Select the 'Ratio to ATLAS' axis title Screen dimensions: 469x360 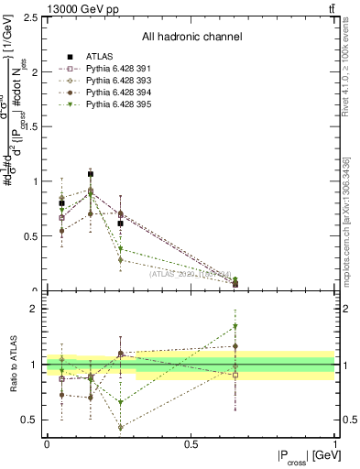(x=13, y=365)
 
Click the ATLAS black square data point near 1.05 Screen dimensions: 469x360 (x=91, y=174)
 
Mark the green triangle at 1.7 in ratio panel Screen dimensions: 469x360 (x=235, y=326)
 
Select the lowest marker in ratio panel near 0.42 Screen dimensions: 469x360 (x=120, y=427)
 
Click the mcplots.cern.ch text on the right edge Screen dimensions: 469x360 (x=348, y=238)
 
